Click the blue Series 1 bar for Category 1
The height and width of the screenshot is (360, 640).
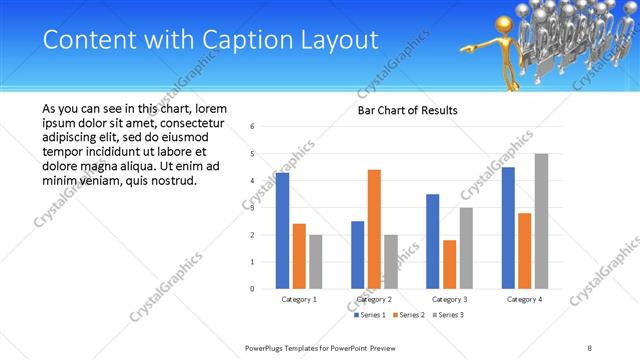(x=282, y=231)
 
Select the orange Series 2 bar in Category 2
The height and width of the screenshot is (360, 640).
(x=374, y=229)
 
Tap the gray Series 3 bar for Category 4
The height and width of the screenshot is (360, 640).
(x=541, y=221)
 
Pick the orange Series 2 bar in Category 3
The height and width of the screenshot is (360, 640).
(x=449, y=264)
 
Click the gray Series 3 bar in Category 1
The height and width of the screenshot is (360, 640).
(x=316, y=262)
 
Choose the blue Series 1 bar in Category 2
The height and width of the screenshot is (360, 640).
(x=357, y=255)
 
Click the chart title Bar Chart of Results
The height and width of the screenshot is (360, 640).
(x=407, y=110)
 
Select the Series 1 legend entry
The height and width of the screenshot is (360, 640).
(x=371, y=315)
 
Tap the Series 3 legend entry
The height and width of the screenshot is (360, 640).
(x=449, y=315)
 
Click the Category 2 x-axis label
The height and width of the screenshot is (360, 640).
(x=374, y=299)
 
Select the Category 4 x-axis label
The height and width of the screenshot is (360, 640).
(x=524, y=299)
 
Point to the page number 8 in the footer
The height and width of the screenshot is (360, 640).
(x=590, y=348)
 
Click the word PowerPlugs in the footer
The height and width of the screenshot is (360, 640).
(x=267, y=348)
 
